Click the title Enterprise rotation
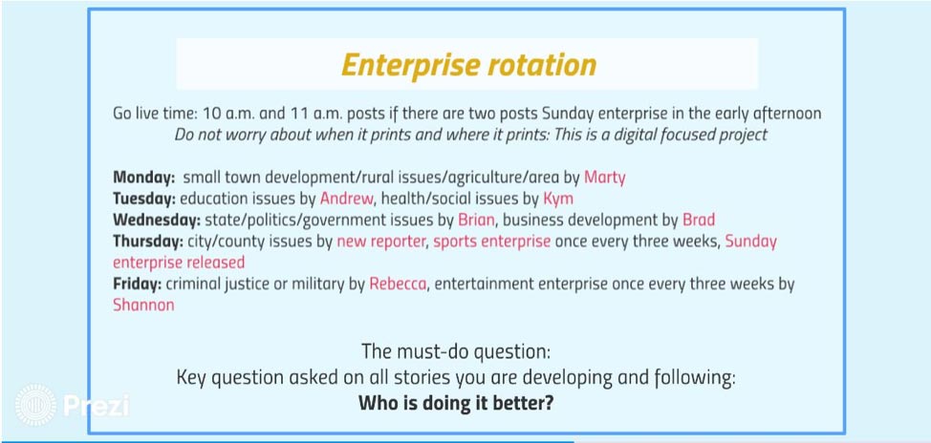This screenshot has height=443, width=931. [x=468, y=65]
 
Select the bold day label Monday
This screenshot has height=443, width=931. [x=143, y=178]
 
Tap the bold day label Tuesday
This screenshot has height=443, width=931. [x=144, y=199]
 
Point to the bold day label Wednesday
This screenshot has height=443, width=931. [x=157, y=220]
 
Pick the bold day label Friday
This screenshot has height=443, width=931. [x=137, y=285]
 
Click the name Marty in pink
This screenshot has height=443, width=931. [x=604, y=178]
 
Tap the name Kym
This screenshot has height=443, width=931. [x=558, y=199]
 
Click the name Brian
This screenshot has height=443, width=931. [x=476, y=220]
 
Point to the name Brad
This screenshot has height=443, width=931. [x=699, y=220]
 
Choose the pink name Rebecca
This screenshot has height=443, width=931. [x=398, y=285]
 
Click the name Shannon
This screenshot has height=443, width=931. [x=143, y=306]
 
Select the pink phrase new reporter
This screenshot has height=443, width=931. [x=381, y=242]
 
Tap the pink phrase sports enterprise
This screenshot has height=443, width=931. [x=491, y=242]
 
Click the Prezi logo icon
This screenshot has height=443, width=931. [x=35, y=405]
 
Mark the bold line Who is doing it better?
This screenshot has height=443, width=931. [x=456, y=403]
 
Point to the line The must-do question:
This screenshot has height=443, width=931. [x=456, y=351]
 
